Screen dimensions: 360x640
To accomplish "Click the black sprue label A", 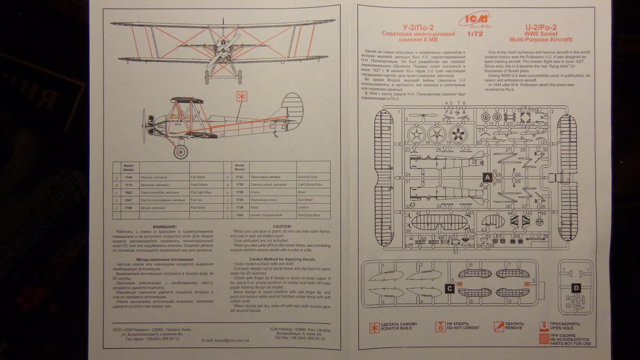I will click(486, 177).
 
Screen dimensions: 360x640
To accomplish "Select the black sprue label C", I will click(450, 288).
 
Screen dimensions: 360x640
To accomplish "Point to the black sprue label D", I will click(576, 288).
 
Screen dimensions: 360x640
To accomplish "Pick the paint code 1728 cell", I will click(239, 185).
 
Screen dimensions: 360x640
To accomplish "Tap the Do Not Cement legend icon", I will click(440, 327).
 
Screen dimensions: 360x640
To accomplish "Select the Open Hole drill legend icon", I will click(544, 326).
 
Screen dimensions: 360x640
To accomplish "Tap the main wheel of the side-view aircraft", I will click(181, 151).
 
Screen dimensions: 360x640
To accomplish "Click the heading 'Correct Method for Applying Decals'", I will click(274, 259).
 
